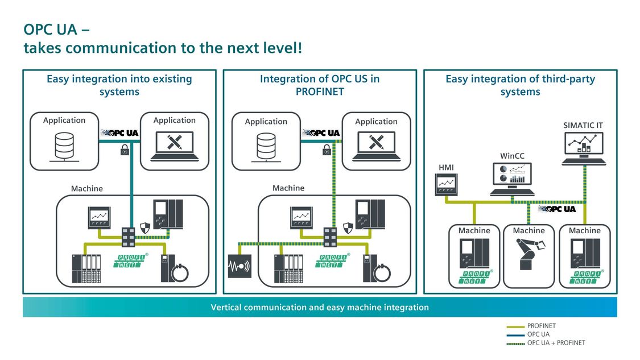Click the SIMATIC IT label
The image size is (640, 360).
click(x=583, y=125)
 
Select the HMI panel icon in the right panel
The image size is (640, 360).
click(x=446, y=184)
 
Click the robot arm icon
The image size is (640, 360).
click(x=529, y=254)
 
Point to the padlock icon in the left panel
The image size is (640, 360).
click(x=123, y=150)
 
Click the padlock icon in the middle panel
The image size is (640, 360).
click(x=327, y=150)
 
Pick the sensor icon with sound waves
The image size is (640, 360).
click(x=240, y=266)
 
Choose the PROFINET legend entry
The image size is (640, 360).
click(x=541, y=326)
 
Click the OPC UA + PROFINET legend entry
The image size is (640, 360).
click(x=556, y=342)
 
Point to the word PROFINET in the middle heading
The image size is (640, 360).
click(x=319, y=92)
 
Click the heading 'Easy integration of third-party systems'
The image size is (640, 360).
click(x=520, y=85)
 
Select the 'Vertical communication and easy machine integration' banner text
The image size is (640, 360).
click(x=320, y=307)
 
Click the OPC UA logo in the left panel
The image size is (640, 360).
click(x=119, y=133)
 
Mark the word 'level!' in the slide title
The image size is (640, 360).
click(x=282, y=48)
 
